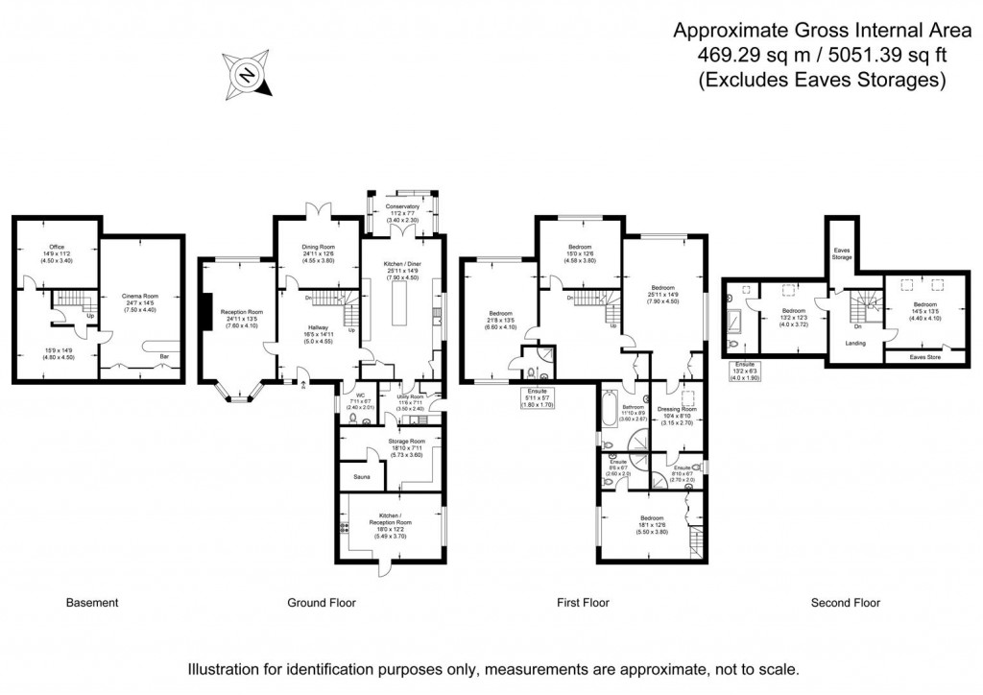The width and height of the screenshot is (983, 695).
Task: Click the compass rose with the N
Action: tap(248, 75)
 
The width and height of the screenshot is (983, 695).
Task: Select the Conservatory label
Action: tap(402, 206)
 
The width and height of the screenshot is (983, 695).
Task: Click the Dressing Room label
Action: tap(678, 408)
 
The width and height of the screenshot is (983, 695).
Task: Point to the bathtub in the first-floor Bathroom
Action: tap(609, 407)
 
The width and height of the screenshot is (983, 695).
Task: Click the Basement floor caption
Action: tap(92, 603)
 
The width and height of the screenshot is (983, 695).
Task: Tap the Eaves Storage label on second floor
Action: tap(842, 254)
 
